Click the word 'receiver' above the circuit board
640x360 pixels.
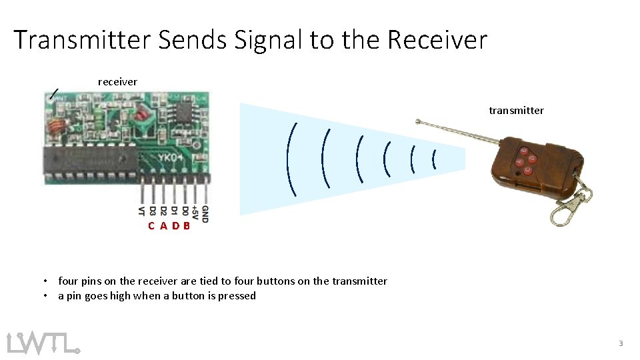pyautogui.click(x=117, y=82)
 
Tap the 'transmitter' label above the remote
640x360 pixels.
pyautogui.click(x=516, y=111)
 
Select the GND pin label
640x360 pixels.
pyautogui.click(x=205, y=213)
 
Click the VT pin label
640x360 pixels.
pyautogui.click(x=141, y=211)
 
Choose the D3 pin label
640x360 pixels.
pyautogui.click(x=153, y=211)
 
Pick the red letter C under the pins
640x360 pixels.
pyautogui.click(x=152, y=226)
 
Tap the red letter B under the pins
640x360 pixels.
pyautogui.click(x=187, y=226)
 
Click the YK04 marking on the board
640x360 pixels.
pyautogui.click(x=171, y=159)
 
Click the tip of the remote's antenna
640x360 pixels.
pyautogui.click(x=418, y=122)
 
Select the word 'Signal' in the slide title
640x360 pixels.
pyautogui.click(x=269, y=41)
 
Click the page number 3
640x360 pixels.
pyautogui.click(x=621, y=343)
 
